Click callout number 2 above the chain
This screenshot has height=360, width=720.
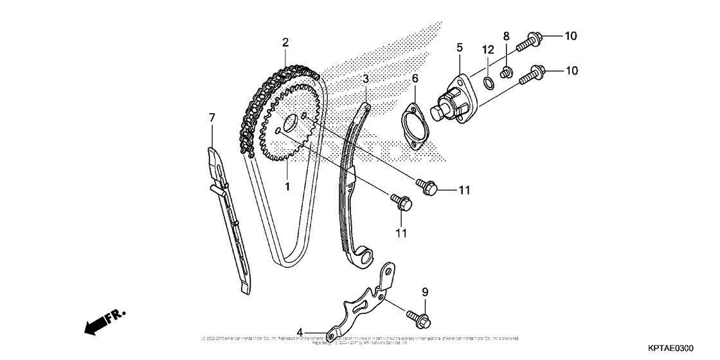(x=285, y=43)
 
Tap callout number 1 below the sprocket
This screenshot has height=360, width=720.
(x=287, y=186)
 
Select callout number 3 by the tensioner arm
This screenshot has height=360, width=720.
(x=365, y=79)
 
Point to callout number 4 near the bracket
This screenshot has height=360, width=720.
(x=300, y=332)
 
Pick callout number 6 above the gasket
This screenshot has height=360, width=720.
(x=415, y=78)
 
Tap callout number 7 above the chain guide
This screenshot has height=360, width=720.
(x=212, y=117)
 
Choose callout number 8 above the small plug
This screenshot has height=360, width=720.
(x=506, y=35)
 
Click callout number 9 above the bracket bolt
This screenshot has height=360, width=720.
(x=424, y=292)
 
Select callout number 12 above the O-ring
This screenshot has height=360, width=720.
(x=488, y=50)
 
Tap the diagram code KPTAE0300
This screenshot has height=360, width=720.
(x=670, y=348)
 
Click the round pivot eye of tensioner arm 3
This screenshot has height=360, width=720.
(x=366, y=257)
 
